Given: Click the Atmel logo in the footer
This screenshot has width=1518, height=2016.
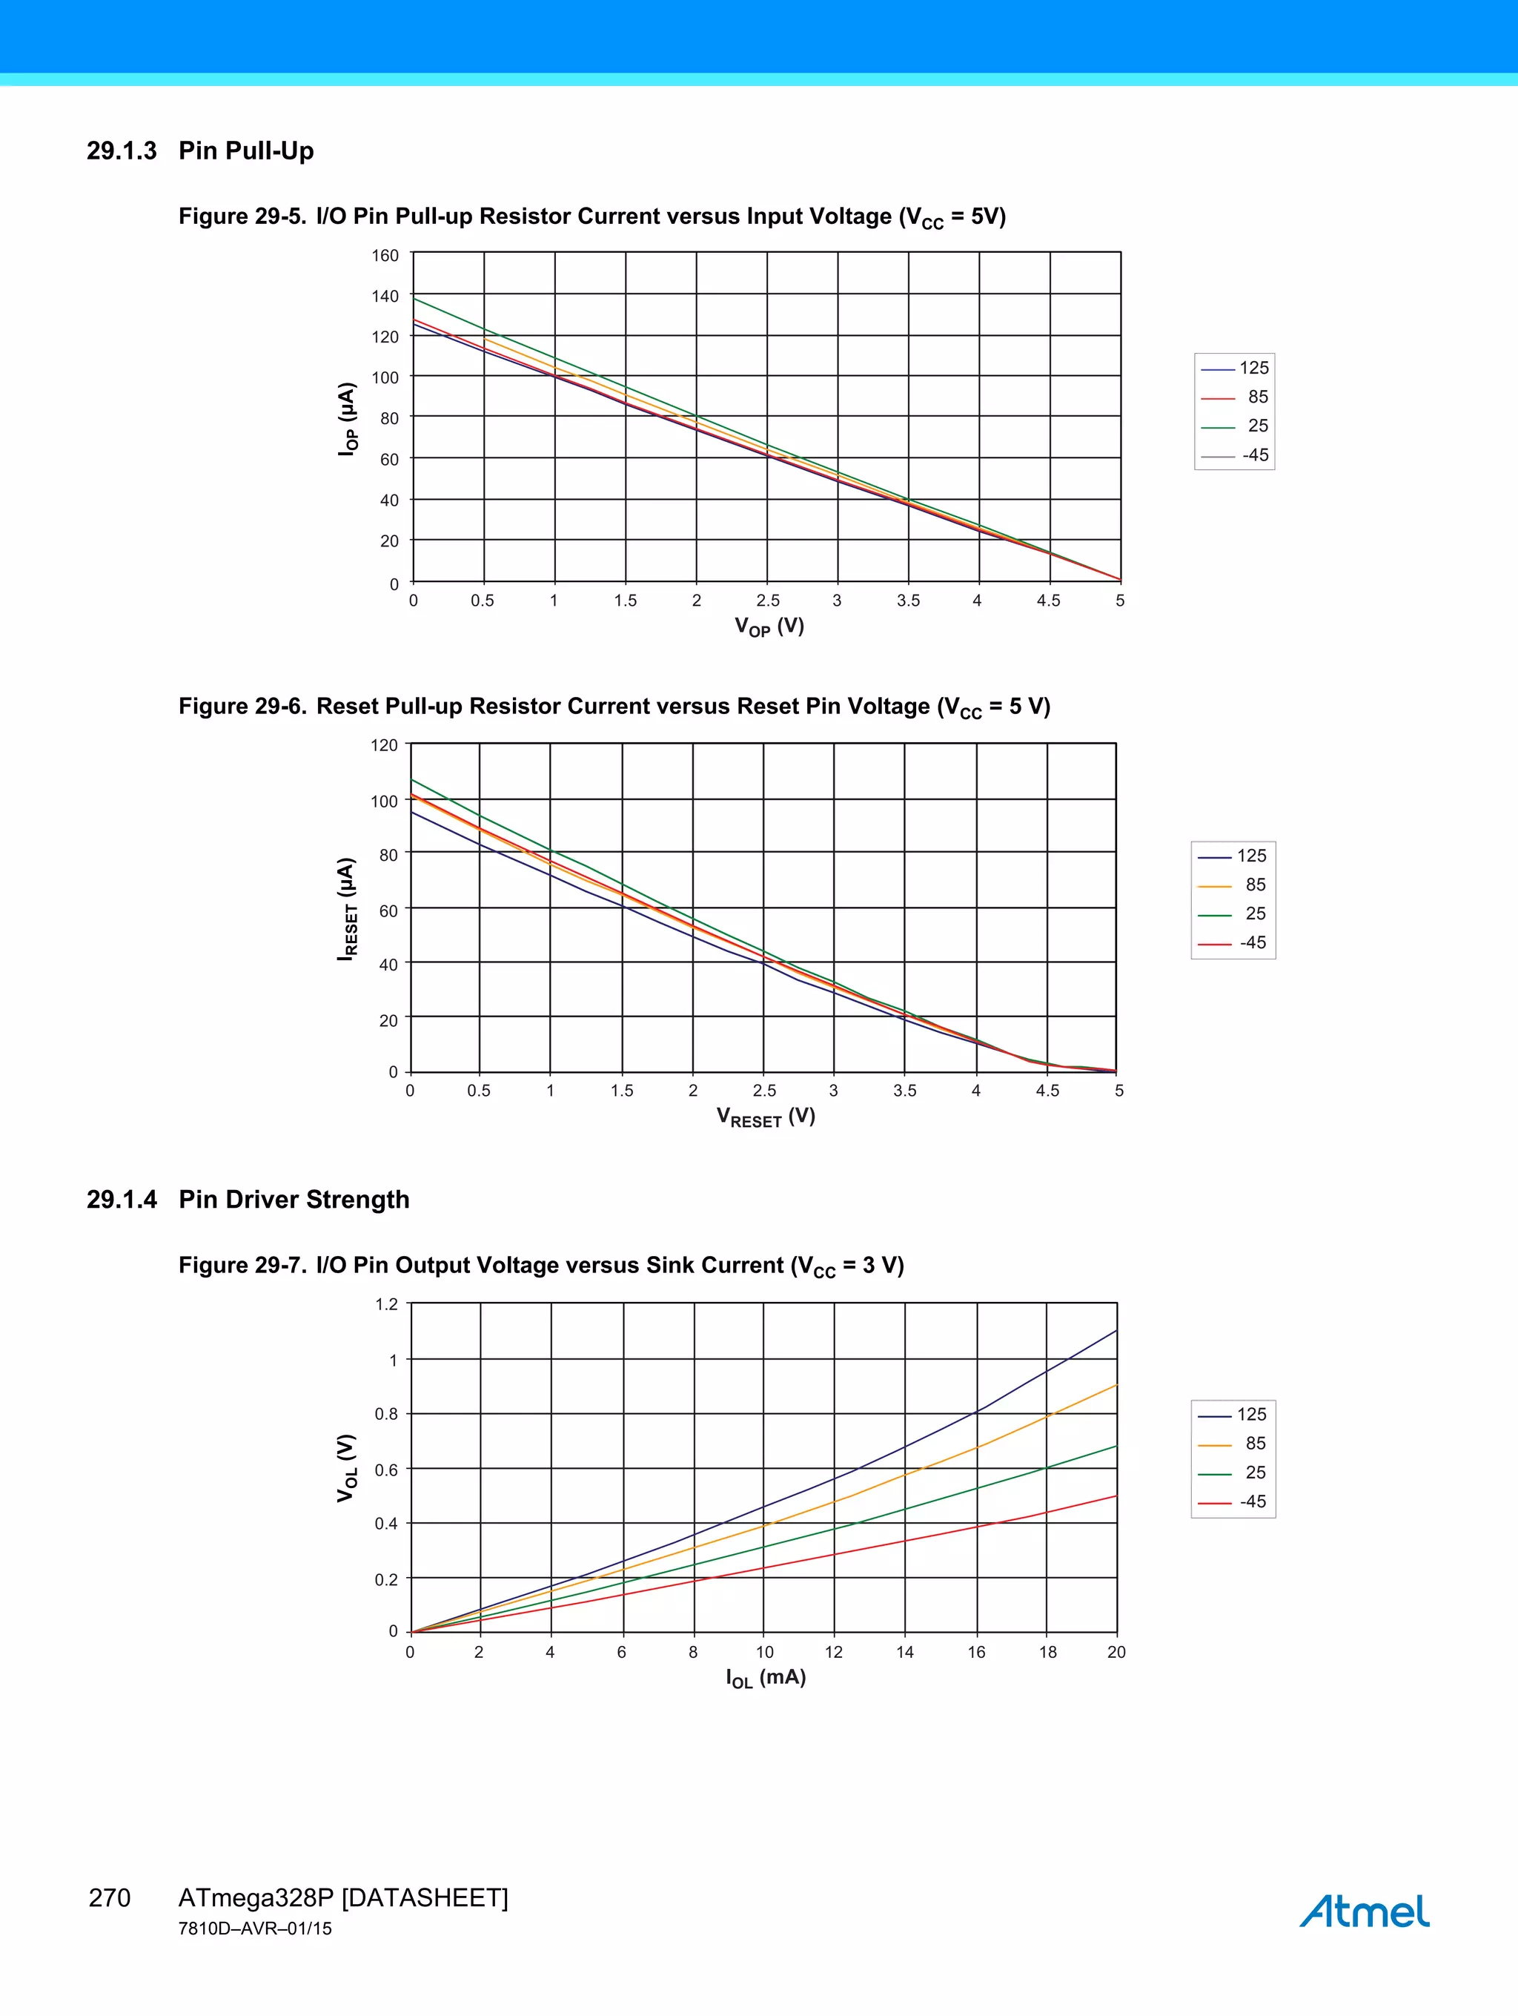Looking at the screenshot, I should click(x=1363, y=1911).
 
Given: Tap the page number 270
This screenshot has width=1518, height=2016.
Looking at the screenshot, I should click(x=110, y=1898).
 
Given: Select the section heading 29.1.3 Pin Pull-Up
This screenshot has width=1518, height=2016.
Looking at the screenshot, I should click(x=200, y=151).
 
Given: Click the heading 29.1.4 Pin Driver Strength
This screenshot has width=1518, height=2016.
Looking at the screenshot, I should click(x=248, y=1200).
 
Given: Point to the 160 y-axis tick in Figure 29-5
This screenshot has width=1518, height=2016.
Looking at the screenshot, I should click(x=385, y=255).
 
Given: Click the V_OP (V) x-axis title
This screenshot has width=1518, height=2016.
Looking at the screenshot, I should click(x=769, y=627).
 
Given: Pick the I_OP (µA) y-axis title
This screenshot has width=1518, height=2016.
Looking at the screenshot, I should click(x=347, y=418).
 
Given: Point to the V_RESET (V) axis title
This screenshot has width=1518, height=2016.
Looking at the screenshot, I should click(x=766, y=1117).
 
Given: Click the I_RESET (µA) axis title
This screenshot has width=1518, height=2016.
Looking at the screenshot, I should click(x=347, y=909).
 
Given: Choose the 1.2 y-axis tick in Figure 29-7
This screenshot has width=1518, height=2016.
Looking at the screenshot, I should click(x=386, y=1304).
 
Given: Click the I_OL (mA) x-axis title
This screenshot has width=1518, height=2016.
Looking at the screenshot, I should click(x=766, y=1678).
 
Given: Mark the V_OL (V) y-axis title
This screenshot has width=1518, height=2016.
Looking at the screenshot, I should click(x=347, y=1468).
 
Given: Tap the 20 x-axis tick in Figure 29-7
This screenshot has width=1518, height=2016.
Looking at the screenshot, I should click(x=1116, y=1653).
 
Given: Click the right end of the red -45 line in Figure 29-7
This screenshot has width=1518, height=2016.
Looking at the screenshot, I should click(x=1116, y=1496).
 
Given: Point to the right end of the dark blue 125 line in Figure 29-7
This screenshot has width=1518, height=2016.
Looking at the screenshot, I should click(x=1116, y=1331).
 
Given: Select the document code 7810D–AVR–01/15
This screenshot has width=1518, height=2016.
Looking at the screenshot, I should click(x=255, y=1929).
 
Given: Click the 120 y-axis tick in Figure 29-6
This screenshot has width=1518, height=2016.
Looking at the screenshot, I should click(x=384, y=745).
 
